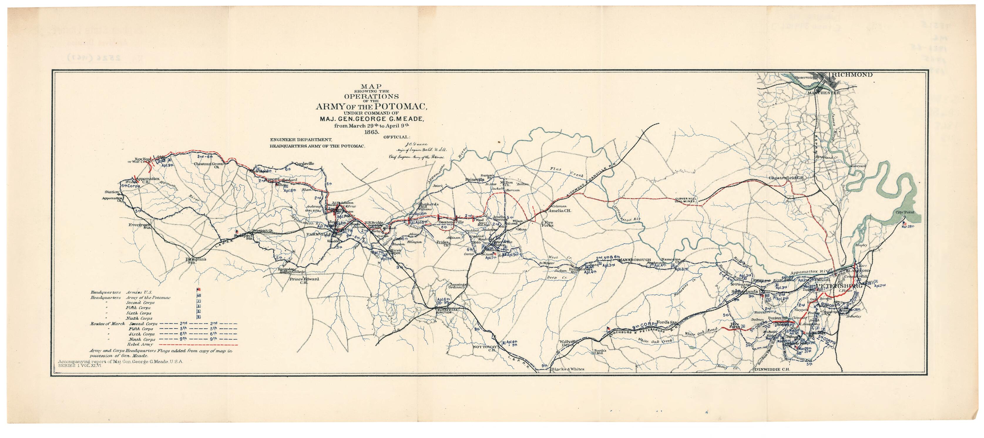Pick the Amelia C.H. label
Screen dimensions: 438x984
pos(560,210)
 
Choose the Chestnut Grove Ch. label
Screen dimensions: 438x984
pos(209,165)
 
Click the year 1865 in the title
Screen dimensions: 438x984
pos(371,132)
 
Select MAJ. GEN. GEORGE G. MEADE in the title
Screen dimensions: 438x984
pos(371,119)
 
